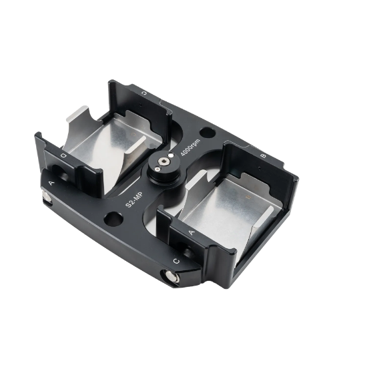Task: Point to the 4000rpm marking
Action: [190, 144]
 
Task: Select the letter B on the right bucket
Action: [264, 155]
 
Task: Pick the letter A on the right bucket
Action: [192, 231]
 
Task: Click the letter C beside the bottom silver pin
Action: [175, 259]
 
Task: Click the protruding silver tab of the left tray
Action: [77, 119]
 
